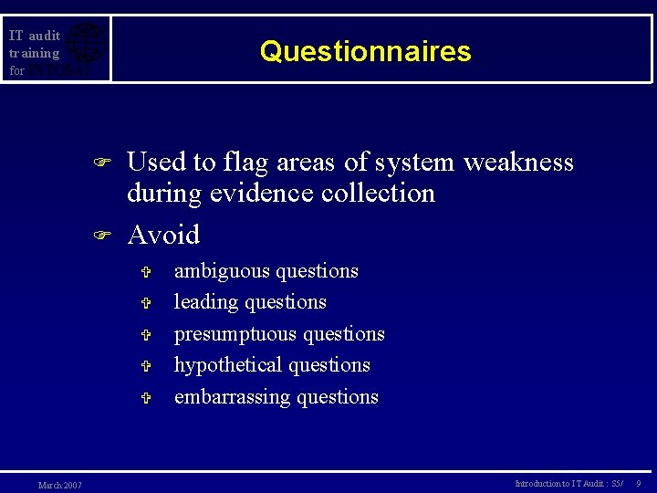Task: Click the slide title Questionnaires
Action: click(x=365, y=51)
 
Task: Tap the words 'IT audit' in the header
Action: click(x=34, y=36)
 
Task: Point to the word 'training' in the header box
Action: click(x=34, y=53)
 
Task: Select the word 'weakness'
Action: click(x=518, y=163)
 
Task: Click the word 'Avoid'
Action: click(x=163, y=235)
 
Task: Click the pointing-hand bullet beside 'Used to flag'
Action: click(x=102, y=163)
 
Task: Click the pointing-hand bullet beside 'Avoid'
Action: click(x=102, y=236)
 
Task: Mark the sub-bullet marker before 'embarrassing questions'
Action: click(x=145, y=398)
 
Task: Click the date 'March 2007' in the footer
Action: click(x=59, y=485)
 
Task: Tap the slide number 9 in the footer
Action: click(x=639, y=483)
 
